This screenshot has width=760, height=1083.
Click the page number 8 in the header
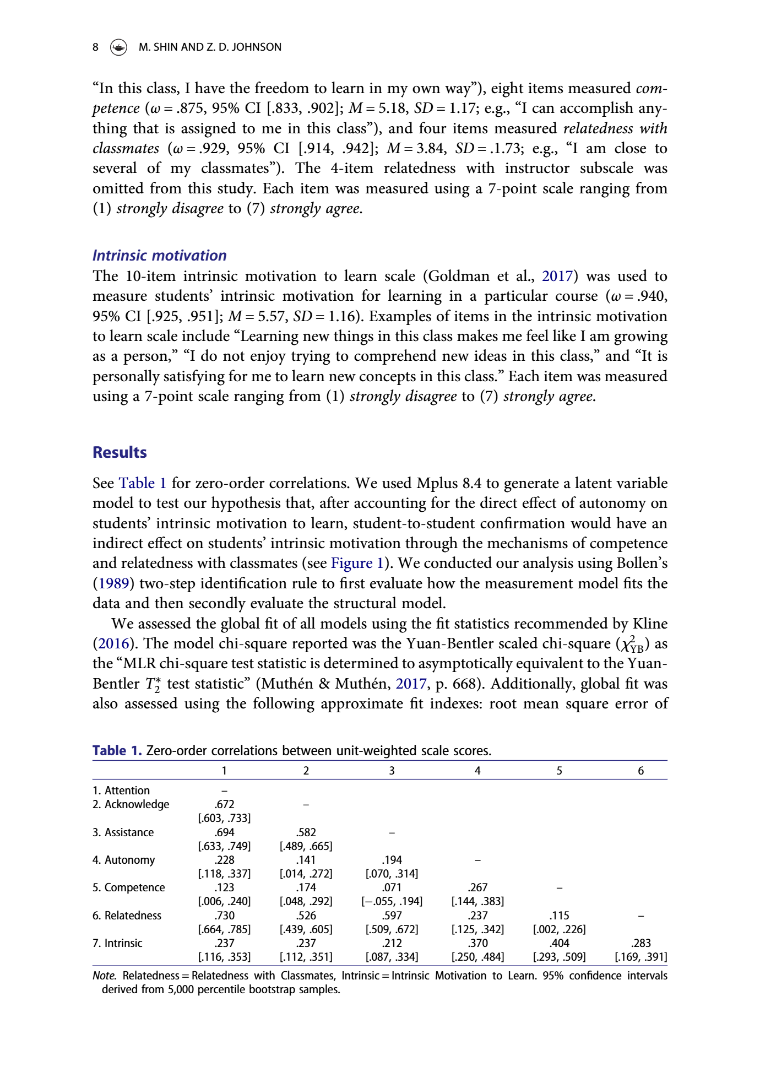click(96, 47)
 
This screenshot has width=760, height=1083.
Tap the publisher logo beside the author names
click(118, 47)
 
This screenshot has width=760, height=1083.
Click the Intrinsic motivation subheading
click(160, 256)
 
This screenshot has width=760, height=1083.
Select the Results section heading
click(120, 452)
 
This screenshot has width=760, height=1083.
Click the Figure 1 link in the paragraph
click(357, 563)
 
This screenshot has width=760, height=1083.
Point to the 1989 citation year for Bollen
click(113, 583)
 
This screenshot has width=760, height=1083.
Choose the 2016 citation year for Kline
click(113, 643)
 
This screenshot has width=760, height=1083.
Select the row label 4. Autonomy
click(124, 860)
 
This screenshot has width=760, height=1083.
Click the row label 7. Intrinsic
click(117, 943)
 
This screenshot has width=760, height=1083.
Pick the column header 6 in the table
click(640, 771)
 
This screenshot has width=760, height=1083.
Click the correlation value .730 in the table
click(225, 916)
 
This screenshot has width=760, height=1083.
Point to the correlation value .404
click(559, 943)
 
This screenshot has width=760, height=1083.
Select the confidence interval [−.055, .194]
click(392, 901)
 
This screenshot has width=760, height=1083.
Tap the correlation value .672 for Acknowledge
click(225, 804)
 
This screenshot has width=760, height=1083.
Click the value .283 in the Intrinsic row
click(640, 943)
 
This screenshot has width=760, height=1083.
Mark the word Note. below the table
click(105, 976)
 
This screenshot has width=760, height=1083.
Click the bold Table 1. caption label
click(117, 751)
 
